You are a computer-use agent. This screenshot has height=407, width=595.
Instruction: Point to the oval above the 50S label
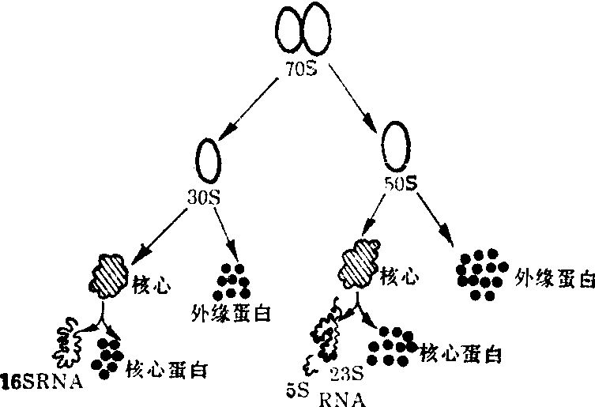click(396, 142)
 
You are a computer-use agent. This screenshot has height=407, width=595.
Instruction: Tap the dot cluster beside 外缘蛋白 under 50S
click(480, 273)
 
